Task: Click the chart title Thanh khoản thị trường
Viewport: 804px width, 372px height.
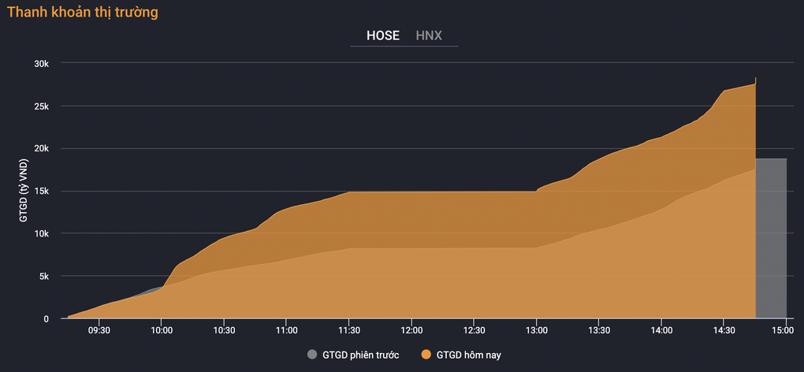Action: [x=83, y=13]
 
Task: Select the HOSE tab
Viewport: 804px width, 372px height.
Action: [x=382, y=35]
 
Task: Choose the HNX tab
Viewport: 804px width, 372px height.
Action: [x=429, y=35]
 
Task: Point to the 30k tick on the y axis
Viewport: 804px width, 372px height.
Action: [x=40, y=64]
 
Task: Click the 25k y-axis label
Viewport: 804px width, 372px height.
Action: [x=40, y=106]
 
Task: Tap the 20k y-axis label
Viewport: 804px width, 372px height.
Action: [x=40, y=149]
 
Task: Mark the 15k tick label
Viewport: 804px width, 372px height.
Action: [x=40, y=192]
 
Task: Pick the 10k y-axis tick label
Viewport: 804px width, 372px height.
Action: [x=40, y=233]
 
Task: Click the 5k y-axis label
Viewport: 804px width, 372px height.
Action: [x=43, y=276]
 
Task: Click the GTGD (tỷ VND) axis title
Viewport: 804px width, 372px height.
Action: [x=24, y=192]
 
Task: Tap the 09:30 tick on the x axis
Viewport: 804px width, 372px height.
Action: [x=99, y=330]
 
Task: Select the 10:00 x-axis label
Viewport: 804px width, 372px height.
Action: [x=161, y=330]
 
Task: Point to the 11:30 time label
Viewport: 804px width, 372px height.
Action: [x=348, y=330]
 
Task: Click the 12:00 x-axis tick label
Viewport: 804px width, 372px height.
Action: [x=411, y=330]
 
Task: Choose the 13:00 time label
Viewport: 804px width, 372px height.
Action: [x=536, y=330]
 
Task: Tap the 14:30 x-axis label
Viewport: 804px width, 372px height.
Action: [x=724, y=330]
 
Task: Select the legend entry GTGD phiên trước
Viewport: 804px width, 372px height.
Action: [x=353, y=355]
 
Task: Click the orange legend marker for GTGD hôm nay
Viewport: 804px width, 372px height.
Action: [x=426, y=355]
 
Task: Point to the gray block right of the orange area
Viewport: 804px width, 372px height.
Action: [x=771, y=238]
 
